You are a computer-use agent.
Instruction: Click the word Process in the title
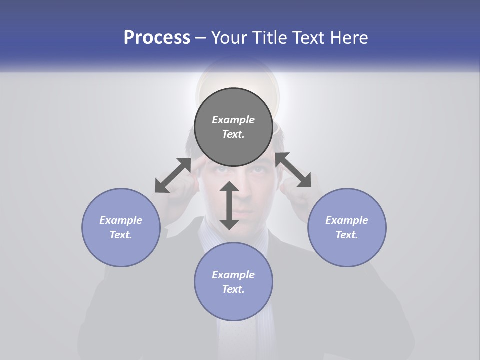pyautogui.click(x=157, y=38)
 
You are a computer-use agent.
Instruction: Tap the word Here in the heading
pyautogui.click(x=350, y=38)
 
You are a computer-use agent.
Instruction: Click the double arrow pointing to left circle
pyautogui.click(x=173, y=175)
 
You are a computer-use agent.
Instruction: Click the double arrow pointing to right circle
pyautogui.click(x=293, y=170)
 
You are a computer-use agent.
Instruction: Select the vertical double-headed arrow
pyautogui.click(x=229, y=205)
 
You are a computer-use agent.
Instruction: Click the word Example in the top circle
pyautogui.click(x=233, y=120)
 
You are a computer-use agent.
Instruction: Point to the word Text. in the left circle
pyautogui.click(x=121, y=235)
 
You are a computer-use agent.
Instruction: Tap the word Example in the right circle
pyautogui.click(x=347, y=220)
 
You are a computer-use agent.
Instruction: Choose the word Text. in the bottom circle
pyautogui.click(x=233, y=289)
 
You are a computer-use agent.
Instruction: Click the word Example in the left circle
pyautogui.click(x=121, y=220)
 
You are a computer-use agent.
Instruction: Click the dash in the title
pyautogui.click(x=201, y=38)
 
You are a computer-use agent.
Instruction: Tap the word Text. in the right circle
pyautogui.click(x=347, y=235)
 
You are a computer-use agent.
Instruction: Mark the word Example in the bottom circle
pyautogui.click(x=233, y=275)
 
